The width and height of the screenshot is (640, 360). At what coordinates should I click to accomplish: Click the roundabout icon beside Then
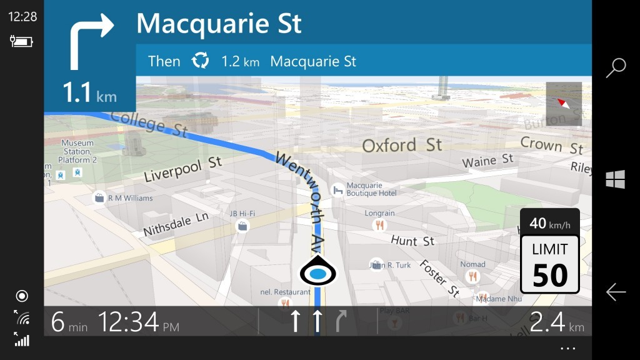[x=201, y=61]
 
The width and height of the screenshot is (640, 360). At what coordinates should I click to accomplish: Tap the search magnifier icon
[x=616, y=67]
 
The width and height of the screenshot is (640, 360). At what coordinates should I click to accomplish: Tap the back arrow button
[x=616, y=292]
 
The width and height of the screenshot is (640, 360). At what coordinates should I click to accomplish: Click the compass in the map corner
[x=564, y=104]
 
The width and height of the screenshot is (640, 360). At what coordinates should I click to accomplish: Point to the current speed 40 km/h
[x=549, y=222]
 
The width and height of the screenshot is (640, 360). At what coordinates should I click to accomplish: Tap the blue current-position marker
[x=318, y=272]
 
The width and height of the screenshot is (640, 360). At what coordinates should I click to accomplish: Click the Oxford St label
[x=402, y=146]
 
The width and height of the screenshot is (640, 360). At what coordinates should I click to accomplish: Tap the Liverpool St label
[x=182, y=169]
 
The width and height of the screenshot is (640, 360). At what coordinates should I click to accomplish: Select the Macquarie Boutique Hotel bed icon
[x=337, y=189]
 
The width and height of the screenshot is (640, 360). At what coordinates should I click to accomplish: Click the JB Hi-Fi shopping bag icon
[x=242, y=226]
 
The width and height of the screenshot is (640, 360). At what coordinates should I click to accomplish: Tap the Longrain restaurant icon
[x=379, y=225]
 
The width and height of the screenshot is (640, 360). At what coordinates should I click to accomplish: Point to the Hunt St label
[x=412, y=241]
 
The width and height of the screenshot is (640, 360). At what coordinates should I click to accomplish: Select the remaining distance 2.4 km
[x=557, y=321]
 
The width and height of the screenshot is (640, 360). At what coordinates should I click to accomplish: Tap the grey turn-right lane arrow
[x=341, y=321]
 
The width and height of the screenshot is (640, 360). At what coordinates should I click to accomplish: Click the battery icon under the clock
[x=21, y=41]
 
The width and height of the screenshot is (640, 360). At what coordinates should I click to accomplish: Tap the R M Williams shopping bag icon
[x=99, y=199]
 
